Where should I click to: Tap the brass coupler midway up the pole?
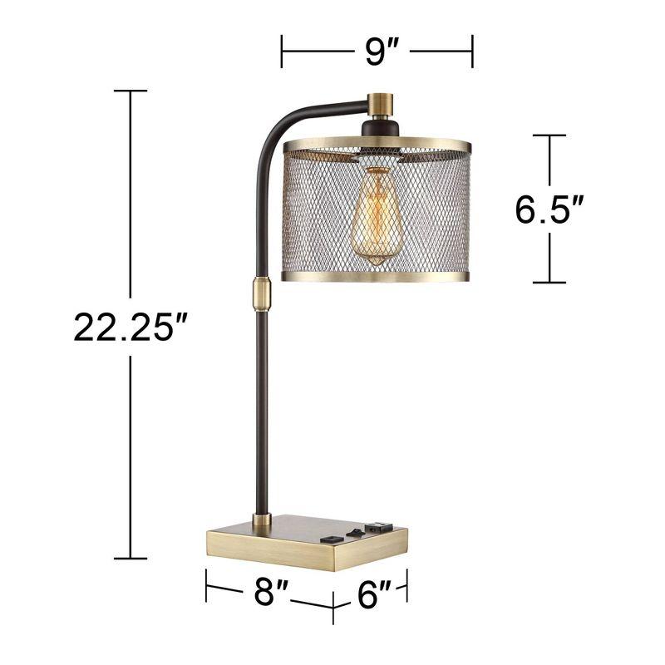(x=260, y=292)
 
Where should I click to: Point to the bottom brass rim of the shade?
(x=376, y=277)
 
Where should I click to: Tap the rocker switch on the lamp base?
(x=355, y=529)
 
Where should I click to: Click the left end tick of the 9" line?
(x=283, y=52)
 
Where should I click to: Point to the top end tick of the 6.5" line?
(x=549, y=135)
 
